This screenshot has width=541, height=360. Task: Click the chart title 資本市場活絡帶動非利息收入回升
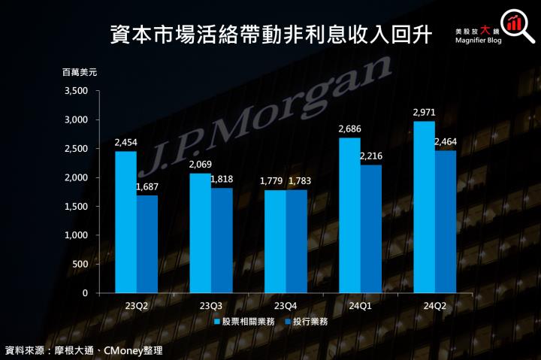tap(270, 33)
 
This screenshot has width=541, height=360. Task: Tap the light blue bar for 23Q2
tap(125, 222)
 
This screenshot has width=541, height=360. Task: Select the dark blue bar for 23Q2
tap(147, 244)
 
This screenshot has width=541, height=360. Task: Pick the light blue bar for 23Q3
tap(200, 233)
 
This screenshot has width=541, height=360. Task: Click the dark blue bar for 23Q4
tap(296, 241)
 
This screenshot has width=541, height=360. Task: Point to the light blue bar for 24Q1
tap(349, 215)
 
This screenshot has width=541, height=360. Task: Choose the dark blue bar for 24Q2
tap(446, 222)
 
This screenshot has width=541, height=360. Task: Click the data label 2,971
tap(424, 113)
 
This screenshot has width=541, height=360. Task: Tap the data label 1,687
tap(147, 187)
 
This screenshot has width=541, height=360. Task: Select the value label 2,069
tap(200, 165)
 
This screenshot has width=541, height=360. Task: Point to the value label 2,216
tap(371, 156)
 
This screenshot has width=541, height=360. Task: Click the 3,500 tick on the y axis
tap(77, 91)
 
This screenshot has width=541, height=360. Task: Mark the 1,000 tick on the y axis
tap(77, 235)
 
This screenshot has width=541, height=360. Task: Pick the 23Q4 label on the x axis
tap(286, 306)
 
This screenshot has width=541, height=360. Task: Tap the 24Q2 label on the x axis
tap(435, 306)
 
